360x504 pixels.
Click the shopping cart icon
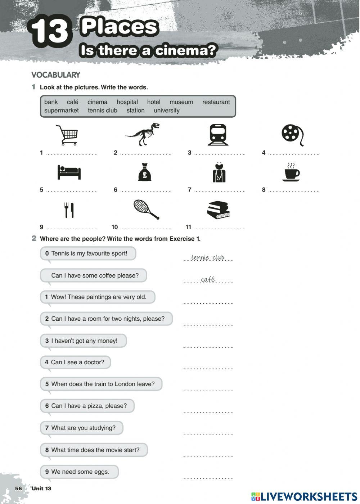pos(67,135)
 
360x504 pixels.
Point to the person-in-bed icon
pos(69,172)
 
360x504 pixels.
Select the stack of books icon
pos(219,210)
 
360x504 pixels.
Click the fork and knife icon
pos(69,210)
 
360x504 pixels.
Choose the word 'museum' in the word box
pos(181,102)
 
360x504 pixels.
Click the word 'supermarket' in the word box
pos(61,111)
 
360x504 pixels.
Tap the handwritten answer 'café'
pos(208,279)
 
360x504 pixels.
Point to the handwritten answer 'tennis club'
pos(208,257)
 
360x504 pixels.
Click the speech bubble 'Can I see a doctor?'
pos(75,362)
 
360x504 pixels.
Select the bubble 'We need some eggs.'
pos(79,472)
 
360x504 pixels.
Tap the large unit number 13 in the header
pos(50,31)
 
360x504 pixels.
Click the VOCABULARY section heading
pos(56,75)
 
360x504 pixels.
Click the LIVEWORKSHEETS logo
pos(304,496)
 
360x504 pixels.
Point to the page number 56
pos(18,488)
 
